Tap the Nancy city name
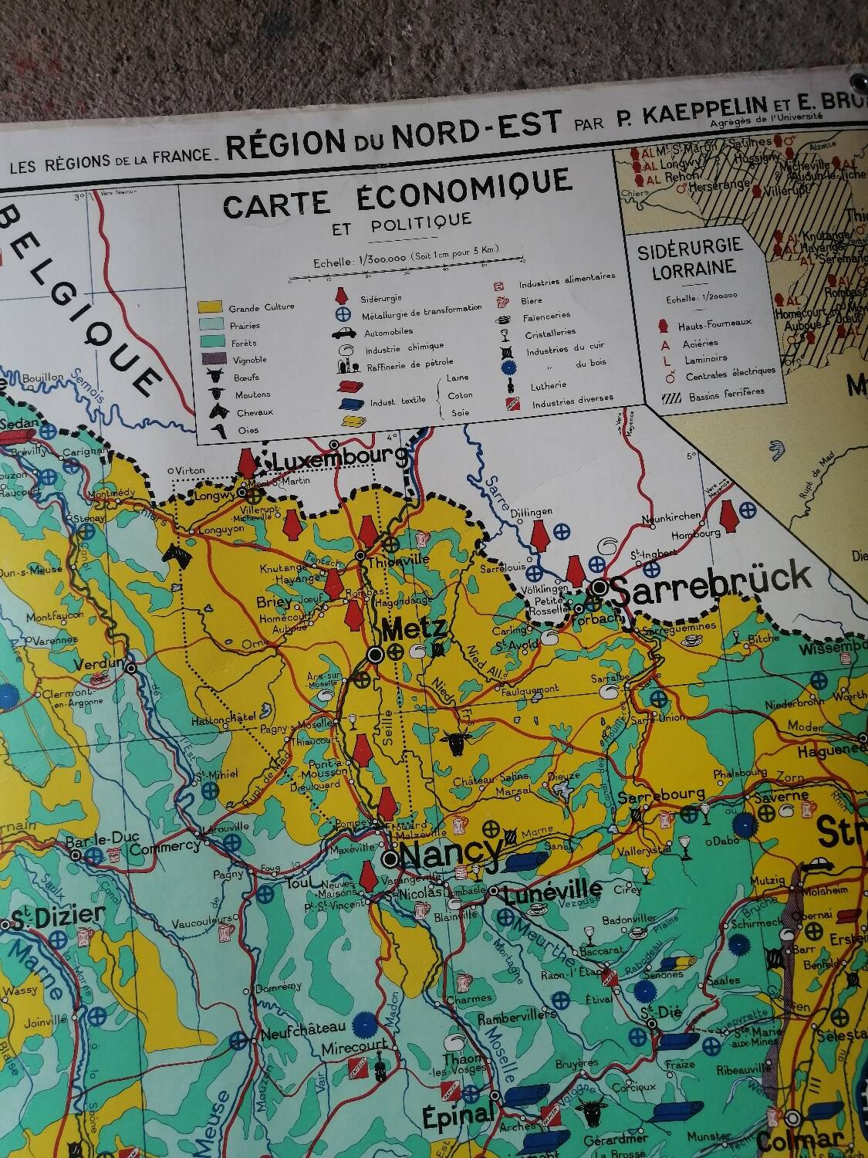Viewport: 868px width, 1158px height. [451, 853]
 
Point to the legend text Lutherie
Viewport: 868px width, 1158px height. [548, 384]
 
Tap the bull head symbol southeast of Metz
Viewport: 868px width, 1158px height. [454, 744]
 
